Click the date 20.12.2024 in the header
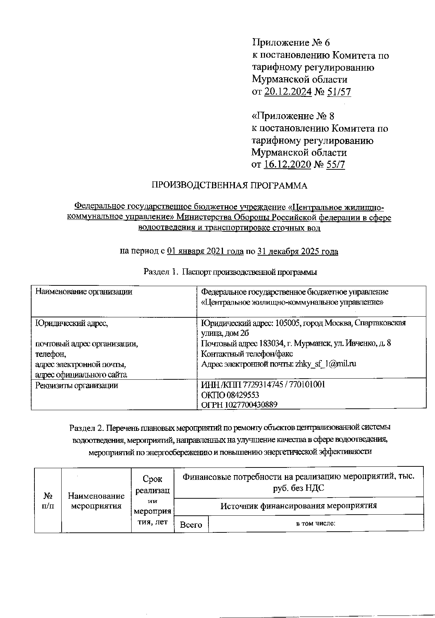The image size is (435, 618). click(288, 92)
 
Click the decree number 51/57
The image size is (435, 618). click(339, 92)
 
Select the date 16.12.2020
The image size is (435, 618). click(287, 165)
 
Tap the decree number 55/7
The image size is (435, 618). click(335, 165)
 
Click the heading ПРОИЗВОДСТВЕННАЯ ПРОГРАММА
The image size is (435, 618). click(229, 186)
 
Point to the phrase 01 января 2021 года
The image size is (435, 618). click(205, 252)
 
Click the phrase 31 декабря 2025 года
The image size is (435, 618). click(298, 252)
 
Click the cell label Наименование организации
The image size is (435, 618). click(83, 292)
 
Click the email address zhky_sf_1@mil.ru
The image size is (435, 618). click(326, 364)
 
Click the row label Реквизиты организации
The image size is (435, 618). click(76, 386)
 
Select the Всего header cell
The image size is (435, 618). click(191, 525)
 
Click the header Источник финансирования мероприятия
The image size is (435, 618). click(299, 506)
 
